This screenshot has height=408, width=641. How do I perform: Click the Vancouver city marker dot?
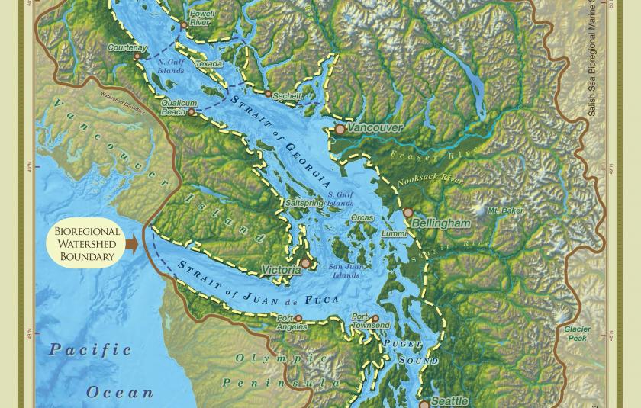tap(340, 130)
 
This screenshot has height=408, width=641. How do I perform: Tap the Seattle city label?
tap(449, 400)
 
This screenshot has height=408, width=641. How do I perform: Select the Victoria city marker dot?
tap(306, 263)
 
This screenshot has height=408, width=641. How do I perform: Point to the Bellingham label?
tap(441, 223)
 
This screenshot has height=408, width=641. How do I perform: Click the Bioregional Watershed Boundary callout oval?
tap(87, 244)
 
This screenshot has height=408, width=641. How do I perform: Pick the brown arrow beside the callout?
tap(131, 244)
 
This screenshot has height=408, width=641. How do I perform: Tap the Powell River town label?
tap(201, 18)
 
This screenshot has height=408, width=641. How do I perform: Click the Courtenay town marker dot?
tap(137, 56)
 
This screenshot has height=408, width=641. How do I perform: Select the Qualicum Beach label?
tap(179, 108)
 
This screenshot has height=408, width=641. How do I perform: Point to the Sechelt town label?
tap(287, 97)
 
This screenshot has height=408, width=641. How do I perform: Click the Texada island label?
tap(209, 65)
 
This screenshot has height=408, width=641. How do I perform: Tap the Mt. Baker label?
tap(505, 210)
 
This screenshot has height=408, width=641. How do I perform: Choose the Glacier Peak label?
tap(577, 333)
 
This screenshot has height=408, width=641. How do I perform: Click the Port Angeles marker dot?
tap(298, 319)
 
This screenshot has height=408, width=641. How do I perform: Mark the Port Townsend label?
tap(370, 321)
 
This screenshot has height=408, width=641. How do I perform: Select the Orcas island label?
tap(362, 218)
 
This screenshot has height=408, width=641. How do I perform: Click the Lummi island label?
tap(394, 233)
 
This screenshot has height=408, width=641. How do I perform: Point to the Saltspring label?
tap(304, 204)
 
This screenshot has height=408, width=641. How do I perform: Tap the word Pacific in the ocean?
tap(90, 349)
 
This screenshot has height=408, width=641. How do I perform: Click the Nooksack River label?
tap(430, 180)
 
